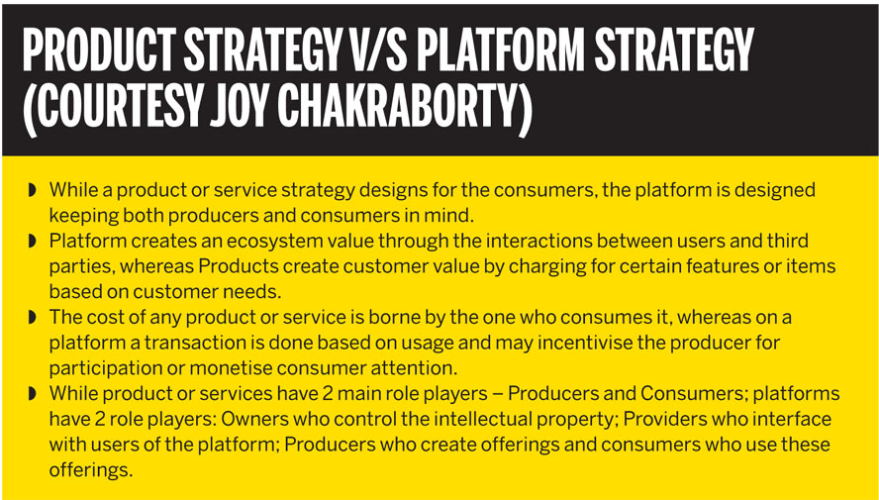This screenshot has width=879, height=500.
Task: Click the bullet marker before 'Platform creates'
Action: (x=32, y=242)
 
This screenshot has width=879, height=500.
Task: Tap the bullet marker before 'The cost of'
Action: (x=32, y=318)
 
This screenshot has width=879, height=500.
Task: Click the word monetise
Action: (x=230, y=368)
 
